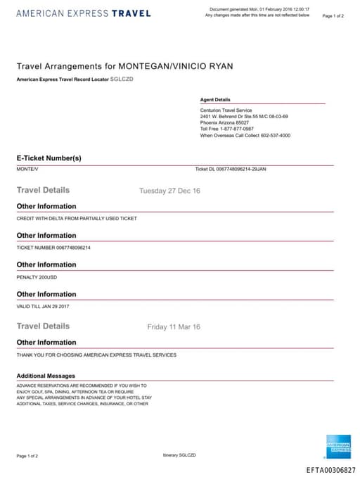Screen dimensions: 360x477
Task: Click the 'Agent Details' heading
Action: pos(215,100)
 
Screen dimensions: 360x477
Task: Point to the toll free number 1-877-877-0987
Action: pos(227,129)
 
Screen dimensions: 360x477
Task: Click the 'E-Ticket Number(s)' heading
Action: pos(49,158)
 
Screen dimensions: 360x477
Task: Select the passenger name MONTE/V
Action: pos(27,169)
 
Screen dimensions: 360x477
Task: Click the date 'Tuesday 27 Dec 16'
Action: pos(169,191)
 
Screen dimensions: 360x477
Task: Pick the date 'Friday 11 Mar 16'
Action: pos(174,327)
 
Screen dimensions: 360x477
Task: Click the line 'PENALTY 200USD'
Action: pos(37,277)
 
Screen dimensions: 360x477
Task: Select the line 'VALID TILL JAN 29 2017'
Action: pos(43,307)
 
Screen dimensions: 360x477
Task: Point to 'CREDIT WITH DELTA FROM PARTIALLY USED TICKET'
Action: pos(77,218)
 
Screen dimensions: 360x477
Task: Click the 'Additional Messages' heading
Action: pos(46,376)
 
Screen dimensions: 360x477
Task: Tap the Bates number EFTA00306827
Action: pos(331,469)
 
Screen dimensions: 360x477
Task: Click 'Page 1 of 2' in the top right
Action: pos(333,15)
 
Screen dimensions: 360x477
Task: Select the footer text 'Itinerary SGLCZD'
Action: pos(179,455)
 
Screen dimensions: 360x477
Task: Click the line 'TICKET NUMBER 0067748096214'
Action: pos(53,248)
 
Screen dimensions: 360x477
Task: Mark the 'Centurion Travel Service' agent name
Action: pos(226,110)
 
